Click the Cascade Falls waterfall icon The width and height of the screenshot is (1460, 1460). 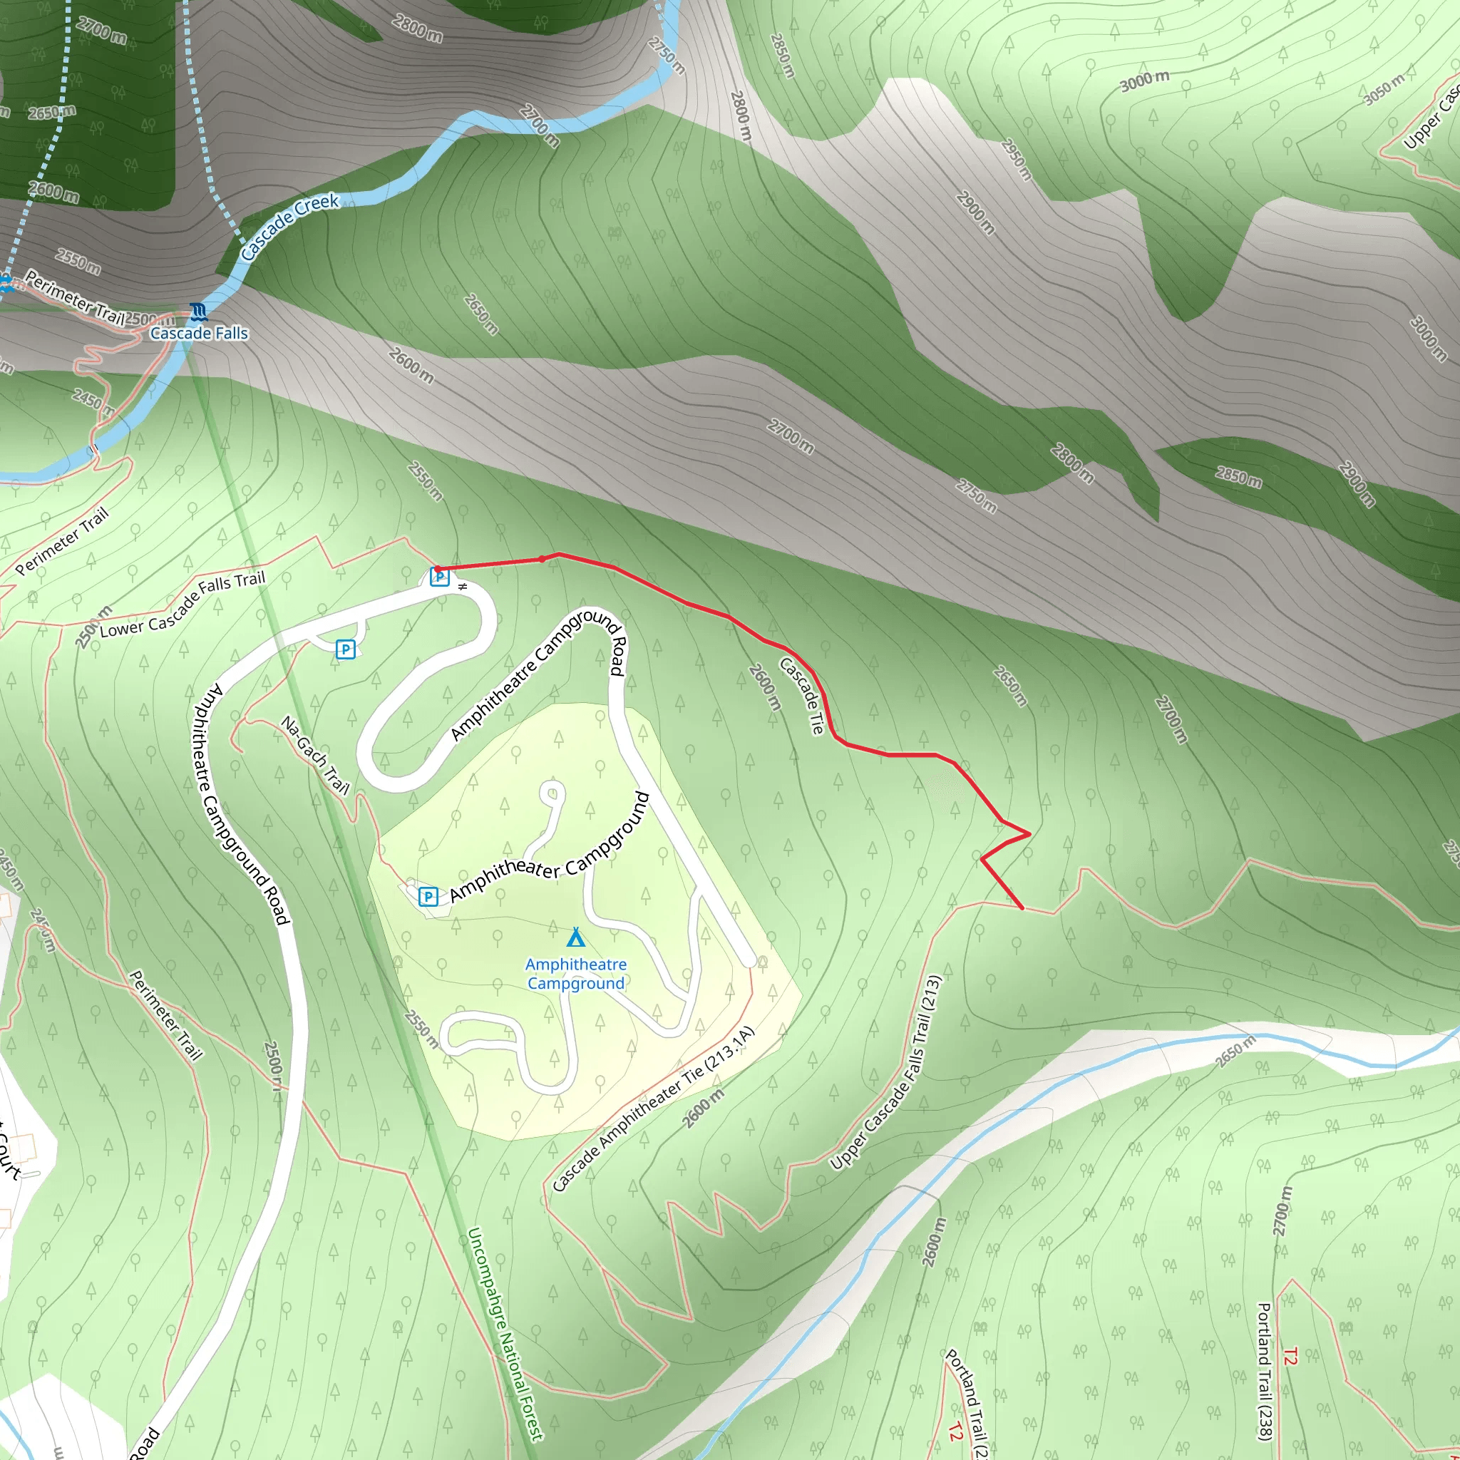pos(199,312)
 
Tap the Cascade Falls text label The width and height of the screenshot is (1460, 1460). pos(199,333)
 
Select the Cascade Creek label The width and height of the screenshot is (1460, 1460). pos(290,226)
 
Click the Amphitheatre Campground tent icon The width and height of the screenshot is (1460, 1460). pos(576,938)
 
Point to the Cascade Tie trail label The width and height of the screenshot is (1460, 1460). pos(801,696)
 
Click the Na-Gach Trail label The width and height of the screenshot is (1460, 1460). pos(315,755)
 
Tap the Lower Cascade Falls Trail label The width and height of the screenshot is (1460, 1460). pos(183,604)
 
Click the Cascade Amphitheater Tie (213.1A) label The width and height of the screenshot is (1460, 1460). pos(653,1109)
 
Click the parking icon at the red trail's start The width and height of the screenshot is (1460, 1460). pos(439,577)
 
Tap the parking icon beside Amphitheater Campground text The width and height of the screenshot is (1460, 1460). pos(428,896)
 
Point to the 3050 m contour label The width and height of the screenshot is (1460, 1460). pos(1384,89)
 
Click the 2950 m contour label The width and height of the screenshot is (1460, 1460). pos(1016,160)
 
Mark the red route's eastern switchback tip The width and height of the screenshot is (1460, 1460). pos(1029,833)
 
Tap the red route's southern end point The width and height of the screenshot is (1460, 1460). pos(1022,908)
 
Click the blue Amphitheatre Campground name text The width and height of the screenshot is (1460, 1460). pos(576,973)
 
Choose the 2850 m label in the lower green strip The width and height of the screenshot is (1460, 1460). pos(1238,477)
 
